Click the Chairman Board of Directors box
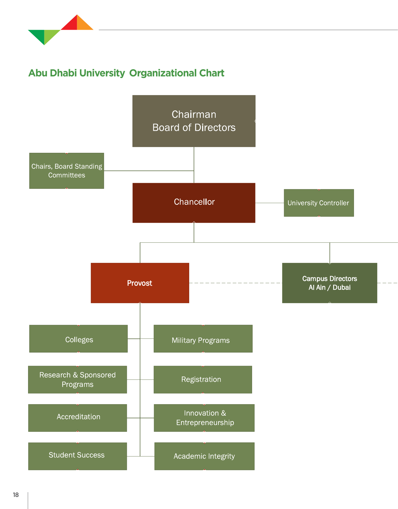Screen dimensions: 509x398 [x=194, y=121]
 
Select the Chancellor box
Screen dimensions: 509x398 [x=194, y=203]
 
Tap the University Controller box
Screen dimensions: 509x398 [x=319, y=203]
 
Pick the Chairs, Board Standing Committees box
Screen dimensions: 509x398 [x=67, y=171]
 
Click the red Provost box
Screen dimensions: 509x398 [x=140, y=283]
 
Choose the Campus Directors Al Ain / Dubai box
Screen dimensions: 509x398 [x=330, y=283]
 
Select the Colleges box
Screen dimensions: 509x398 [x=78, y=339]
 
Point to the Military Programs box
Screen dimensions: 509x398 [x=203, y=339]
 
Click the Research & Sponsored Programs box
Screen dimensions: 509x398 [x=77, y=380]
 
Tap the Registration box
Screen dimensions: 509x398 [x=203, y=380]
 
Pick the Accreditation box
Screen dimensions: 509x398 [x=77, y=418]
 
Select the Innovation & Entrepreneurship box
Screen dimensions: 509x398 [x=204, y=418]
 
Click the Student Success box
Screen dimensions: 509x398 [x=77, y=456]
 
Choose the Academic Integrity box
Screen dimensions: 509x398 [x=204, y=456]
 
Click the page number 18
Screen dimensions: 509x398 [x=16, y=495]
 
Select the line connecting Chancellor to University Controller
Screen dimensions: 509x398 [x=269, y=203]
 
